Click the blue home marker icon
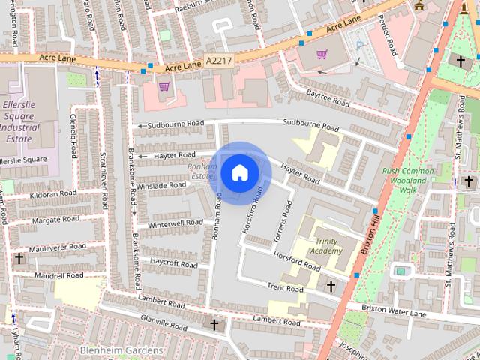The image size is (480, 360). coord(239,172)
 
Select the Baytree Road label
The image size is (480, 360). coord(328,97)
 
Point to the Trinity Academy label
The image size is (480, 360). coord(328,245)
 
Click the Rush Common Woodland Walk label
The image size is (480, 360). coord(408,181)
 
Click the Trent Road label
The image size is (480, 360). coord(285,288)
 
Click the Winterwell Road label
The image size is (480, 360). coord(175,223)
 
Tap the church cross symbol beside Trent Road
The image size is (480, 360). coord(331,286)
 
